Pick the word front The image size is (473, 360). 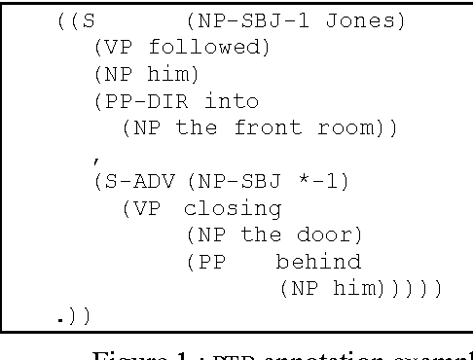tap(260, 126)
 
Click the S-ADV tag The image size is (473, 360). tap(134, 181)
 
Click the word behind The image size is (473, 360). tap(319, 262)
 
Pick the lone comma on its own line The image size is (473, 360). tap(95, 156)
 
